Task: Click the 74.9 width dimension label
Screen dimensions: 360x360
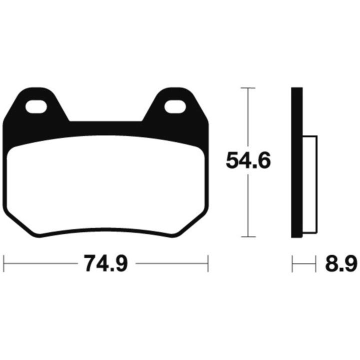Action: point(105,263)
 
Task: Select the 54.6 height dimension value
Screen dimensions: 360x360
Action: point(248,160)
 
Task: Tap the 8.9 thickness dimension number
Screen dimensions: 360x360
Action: point(341,263)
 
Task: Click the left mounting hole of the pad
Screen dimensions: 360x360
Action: point(36,106)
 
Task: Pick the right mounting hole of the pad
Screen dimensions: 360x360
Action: point(175,106)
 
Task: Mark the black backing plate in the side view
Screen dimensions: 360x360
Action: point(297,162)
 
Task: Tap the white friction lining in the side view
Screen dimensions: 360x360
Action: point(310,184)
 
